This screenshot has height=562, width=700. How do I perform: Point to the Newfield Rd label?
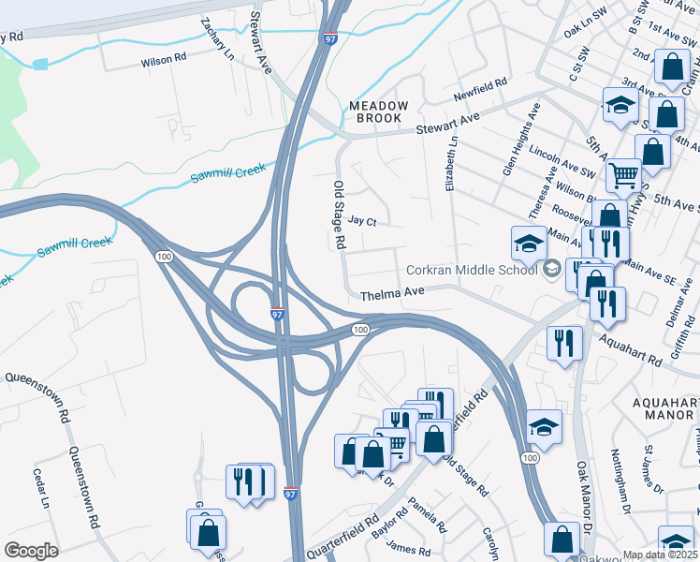[x=480, y=84]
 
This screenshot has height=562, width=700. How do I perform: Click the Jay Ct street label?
[x=361, y=222]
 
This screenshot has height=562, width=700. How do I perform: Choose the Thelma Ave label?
[x=393, y=293]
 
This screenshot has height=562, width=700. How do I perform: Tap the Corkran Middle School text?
[x=471, y=270]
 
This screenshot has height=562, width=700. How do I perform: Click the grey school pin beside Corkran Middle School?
[x=552, y=269]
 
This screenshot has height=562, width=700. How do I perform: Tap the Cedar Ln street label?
[x=41, y=487]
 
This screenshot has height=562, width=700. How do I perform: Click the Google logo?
[x=31, y=550]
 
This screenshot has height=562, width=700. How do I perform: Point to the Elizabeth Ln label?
[x=452, y=161]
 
